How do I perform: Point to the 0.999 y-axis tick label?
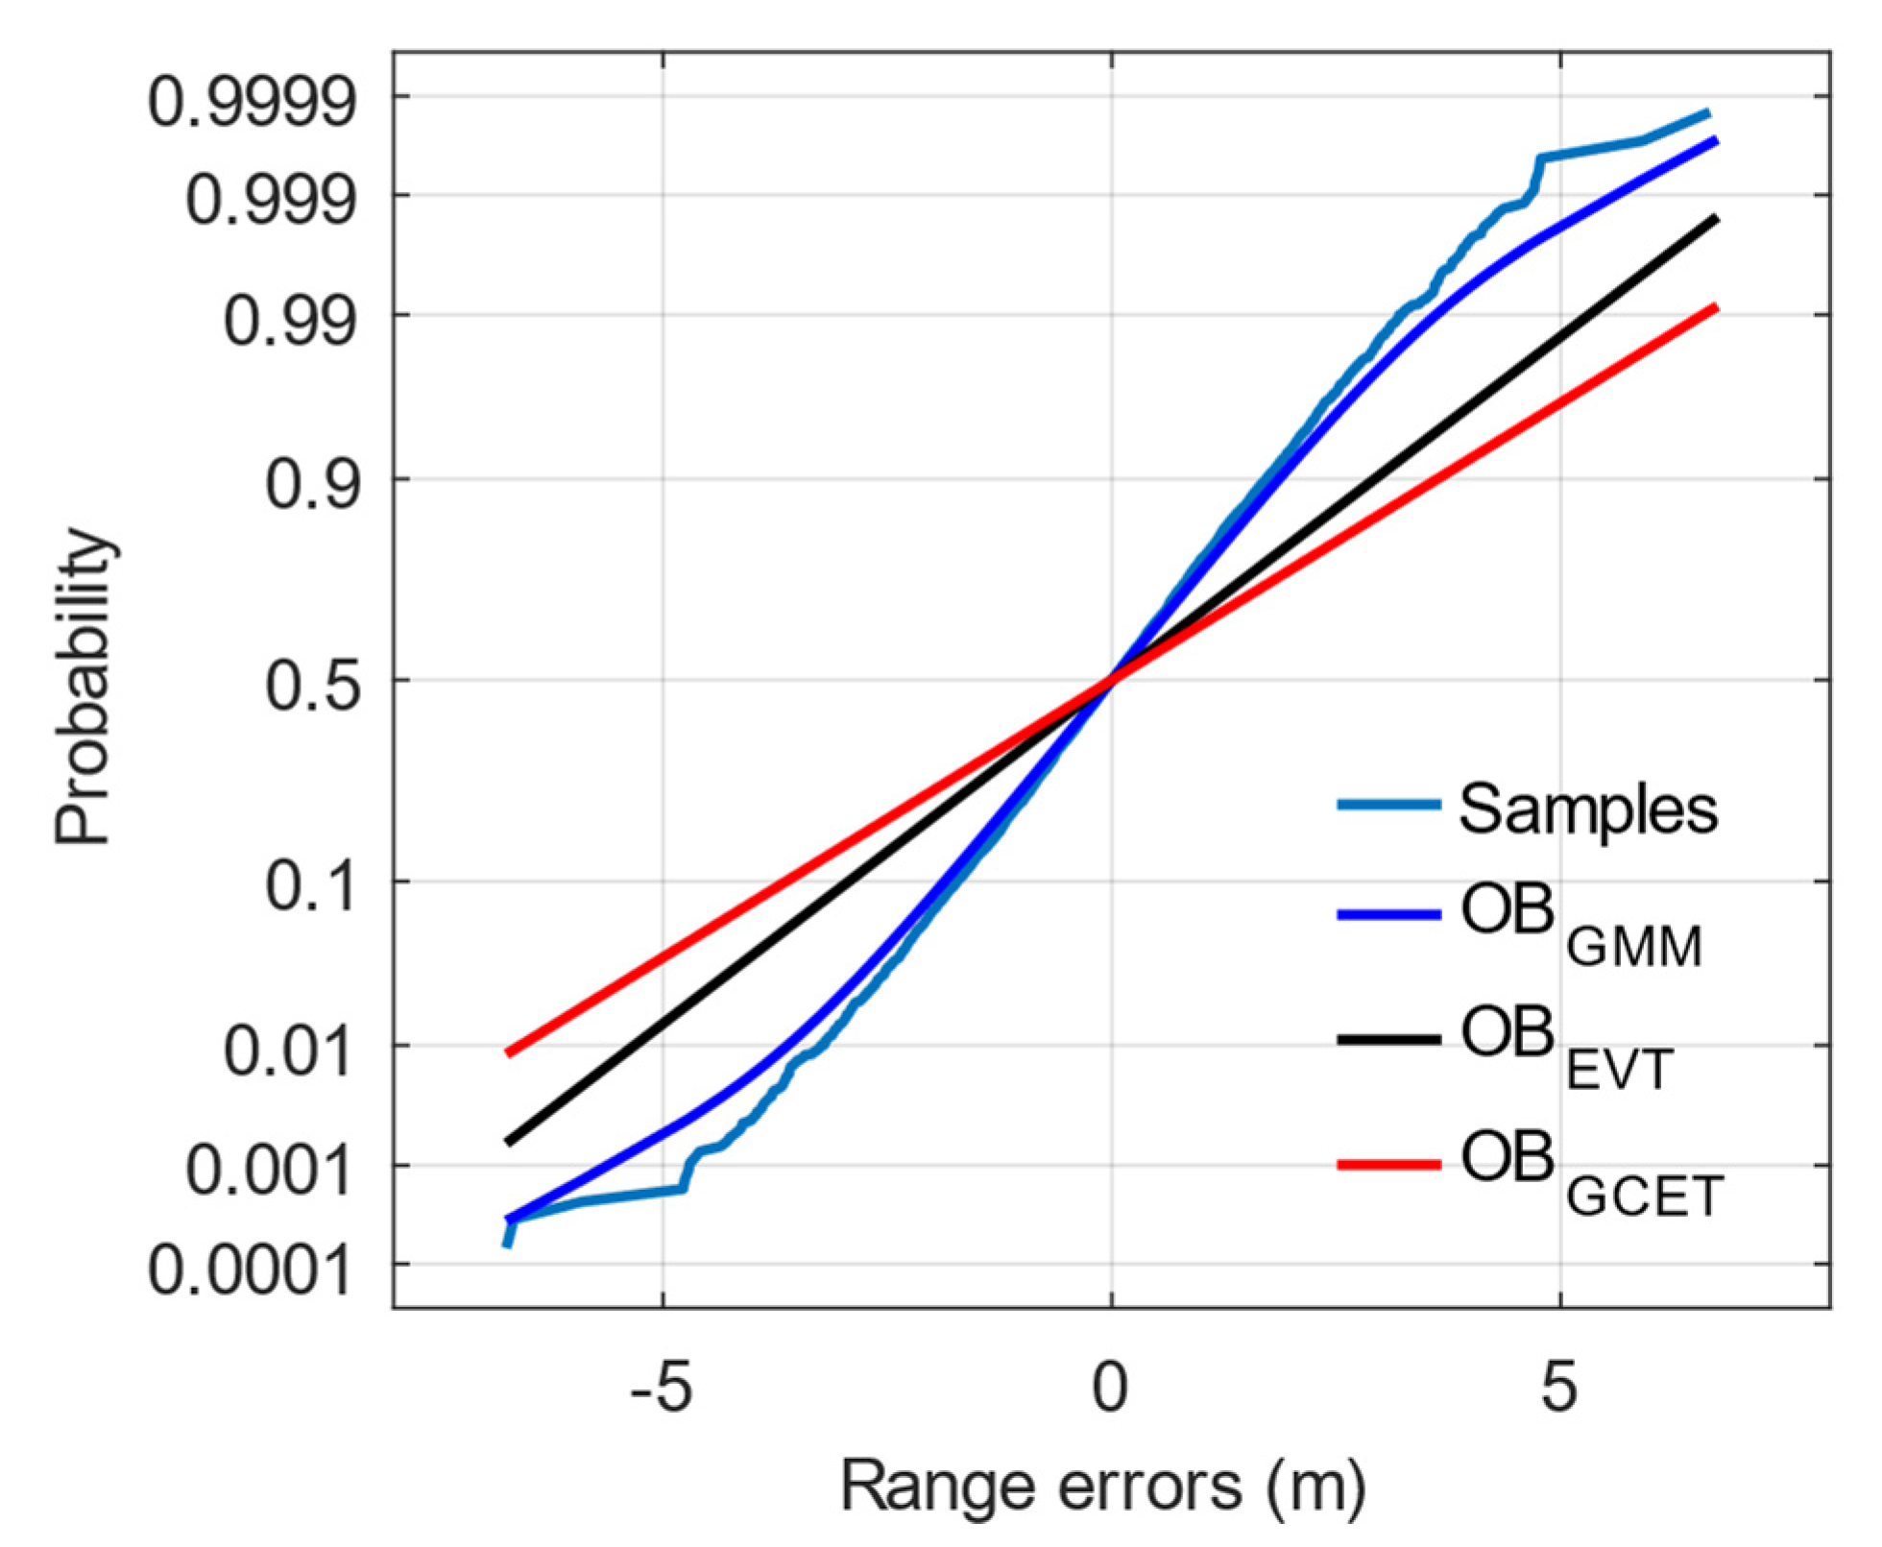pos(270,201)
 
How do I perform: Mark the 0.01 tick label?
pos(289,1051)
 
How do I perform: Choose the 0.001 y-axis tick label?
pos(270,1171)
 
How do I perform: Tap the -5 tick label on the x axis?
pos(662,1389)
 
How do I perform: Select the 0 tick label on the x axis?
pos(1111,1389)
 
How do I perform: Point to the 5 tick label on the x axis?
pos(1560,1389)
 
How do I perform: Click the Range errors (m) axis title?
pos(1103,1486)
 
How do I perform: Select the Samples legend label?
pos(1588,809)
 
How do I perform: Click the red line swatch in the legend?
pos(1388,1165)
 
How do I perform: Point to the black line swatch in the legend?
pos(1388,1039)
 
